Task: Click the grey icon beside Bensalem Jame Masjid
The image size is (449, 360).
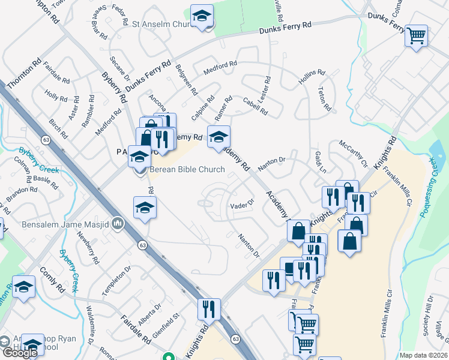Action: pyautogui.click(x=118, y=224)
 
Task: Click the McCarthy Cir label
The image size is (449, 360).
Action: pyautogui.click(x=353, y=154)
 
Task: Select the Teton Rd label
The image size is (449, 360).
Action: pyautogui.click(x=325, y=99)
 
